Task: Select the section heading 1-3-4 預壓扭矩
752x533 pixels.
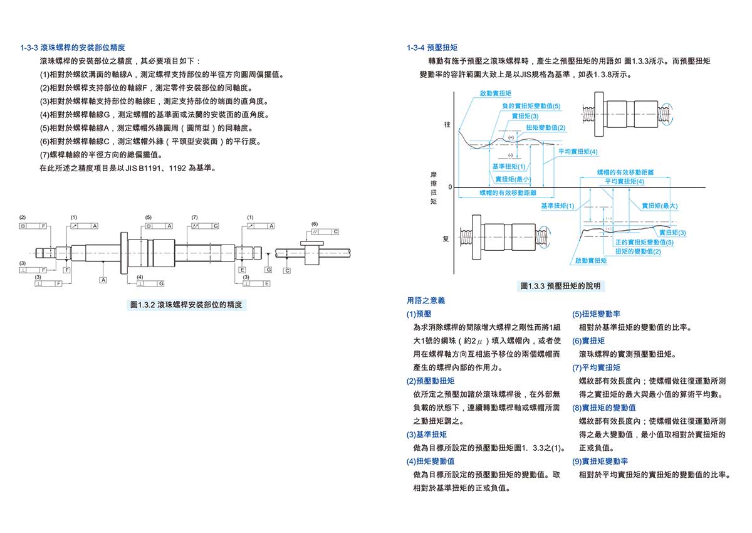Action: tap(432, 48)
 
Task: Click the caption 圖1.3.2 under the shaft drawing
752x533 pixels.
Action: tap(186, 305)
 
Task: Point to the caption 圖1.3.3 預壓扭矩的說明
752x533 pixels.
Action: tap(560, 286)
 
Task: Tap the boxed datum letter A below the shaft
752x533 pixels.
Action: tap(103, 280)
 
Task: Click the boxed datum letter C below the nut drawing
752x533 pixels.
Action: tap(287, 270)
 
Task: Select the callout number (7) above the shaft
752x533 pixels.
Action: tap(195, 217)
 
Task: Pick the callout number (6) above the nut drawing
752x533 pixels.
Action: tap(315, 224)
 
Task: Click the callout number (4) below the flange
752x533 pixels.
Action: tap(140, 277)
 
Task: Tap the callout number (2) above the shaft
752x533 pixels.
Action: tap(23, 217)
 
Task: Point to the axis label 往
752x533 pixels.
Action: tap(447, 125)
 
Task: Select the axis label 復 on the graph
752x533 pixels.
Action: tap(446, 239)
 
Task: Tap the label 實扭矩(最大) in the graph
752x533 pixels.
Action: tap(659, 206)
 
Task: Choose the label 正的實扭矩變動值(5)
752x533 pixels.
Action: tap(644, 242)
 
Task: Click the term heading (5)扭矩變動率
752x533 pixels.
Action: tap(596, 314)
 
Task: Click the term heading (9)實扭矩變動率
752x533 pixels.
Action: tap(600, 461)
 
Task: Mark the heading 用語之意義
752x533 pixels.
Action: tap(426, 301)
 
